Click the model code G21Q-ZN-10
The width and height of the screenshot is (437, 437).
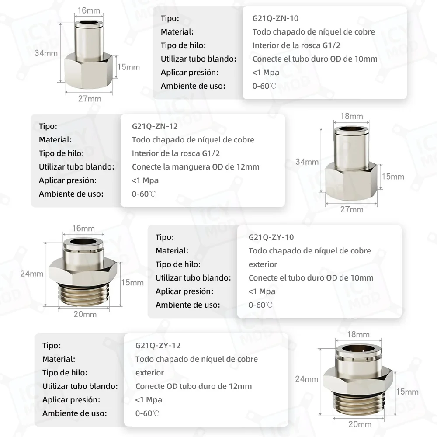[x=275, y=18]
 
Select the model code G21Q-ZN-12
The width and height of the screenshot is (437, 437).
[x=155, y=126]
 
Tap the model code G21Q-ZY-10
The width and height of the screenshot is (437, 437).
[x=271, y=237]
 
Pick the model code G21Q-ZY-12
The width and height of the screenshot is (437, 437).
[x=158, y=346]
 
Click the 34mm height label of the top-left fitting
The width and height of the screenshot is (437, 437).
[x=46, y=53]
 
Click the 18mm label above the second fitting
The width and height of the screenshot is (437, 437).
[x=352, y=116]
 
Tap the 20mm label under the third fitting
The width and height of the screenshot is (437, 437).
[x=85, y=314]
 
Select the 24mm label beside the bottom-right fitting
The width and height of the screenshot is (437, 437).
[x=306, y=379]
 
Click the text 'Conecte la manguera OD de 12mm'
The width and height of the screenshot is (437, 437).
[x=195, y=166]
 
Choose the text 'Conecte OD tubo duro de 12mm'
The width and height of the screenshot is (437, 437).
[x=194, y=386]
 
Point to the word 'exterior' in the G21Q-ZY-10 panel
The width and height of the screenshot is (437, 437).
[x=263, y=264]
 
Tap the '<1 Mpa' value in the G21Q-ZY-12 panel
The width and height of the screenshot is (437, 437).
[x=149, y=399]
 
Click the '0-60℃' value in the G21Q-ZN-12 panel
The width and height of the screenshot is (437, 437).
[x=144, y=194]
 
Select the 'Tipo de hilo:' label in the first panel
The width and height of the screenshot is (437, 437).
[x=183, y=45]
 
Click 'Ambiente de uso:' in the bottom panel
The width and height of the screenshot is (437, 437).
[x=75, y=413]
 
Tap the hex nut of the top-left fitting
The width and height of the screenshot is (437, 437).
[x=90, y=68]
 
